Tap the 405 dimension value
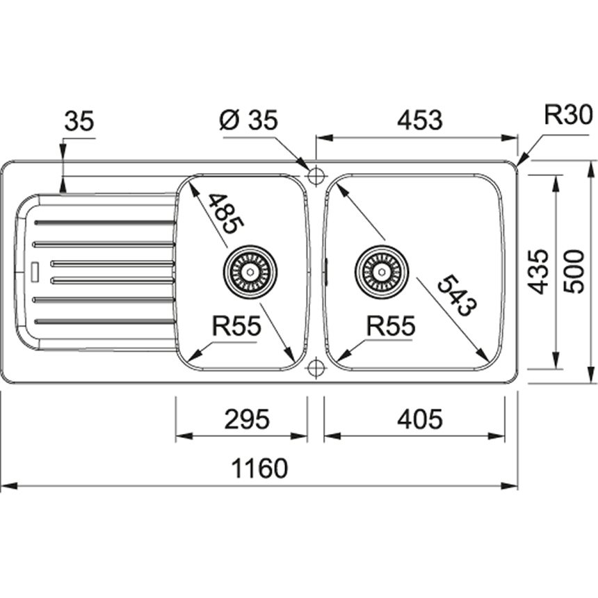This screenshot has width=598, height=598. (419, 419)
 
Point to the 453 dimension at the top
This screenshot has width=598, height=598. (419, 120)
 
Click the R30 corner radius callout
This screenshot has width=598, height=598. (567, 114)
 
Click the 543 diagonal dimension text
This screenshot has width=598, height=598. (456, 296)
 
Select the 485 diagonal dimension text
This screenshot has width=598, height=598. (225, 212)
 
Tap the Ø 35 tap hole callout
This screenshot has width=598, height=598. (248, 120)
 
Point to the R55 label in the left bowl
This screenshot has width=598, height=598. (236, 325)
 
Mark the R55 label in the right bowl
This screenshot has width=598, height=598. (391, 325)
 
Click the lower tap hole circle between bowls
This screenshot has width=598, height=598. (316, 366)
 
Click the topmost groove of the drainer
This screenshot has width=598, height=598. (104, 223)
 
